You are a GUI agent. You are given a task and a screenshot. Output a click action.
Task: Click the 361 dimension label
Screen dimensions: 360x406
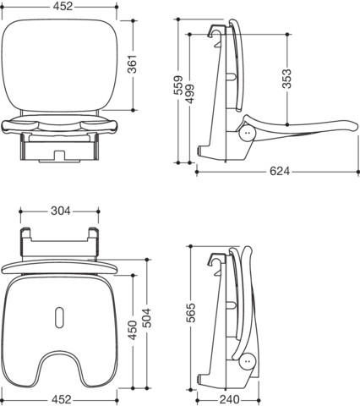(x=133, y=64)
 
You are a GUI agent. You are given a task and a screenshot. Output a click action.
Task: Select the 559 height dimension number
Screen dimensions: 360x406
(x=178, y=85)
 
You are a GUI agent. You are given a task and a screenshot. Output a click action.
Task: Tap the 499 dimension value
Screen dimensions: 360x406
(x=189, y=94)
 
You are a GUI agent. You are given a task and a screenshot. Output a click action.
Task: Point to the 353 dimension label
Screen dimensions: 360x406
(x=287, y=79)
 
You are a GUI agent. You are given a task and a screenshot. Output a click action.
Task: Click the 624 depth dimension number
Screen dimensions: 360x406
(x=280, y=171)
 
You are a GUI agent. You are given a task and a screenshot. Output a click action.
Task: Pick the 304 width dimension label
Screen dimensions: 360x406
(x=61, y=211)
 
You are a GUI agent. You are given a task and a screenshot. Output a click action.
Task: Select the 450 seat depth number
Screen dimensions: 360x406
(x=133, y=330)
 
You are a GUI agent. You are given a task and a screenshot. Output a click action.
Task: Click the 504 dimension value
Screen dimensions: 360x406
(x=146, y=318)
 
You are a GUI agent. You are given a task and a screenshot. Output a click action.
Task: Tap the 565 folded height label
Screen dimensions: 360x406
(x=191, y=313)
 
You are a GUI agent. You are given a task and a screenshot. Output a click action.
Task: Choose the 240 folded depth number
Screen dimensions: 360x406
(x=230, y=399)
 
